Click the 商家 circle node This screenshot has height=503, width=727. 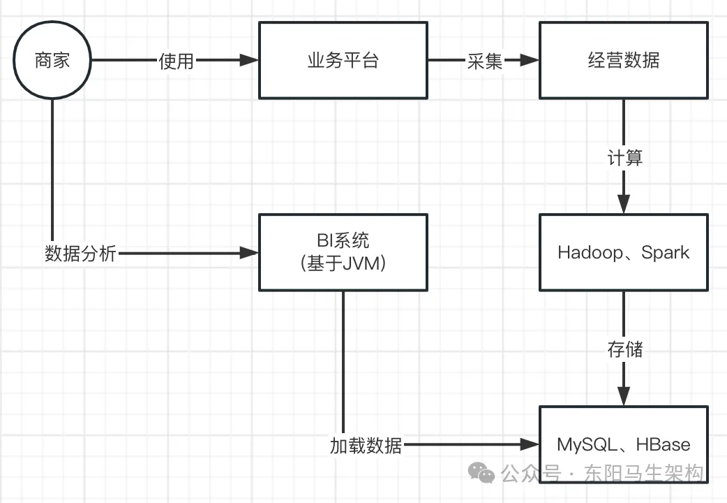pos(52,60)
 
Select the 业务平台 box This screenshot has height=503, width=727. pos(343,60)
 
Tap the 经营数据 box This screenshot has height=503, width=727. pos(623,60)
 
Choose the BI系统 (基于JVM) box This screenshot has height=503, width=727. pos(343,252)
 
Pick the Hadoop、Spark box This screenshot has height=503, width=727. pos(623,252)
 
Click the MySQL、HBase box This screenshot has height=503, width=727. pos(623,444)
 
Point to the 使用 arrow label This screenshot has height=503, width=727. pos(176,61)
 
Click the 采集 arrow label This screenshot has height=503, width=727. pos(485,61)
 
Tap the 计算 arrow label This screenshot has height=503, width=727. pos(624,157)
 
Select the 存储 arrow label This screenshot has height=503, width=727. pos(624,348)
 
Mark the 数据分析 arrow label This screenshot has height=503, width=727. pos(80,253)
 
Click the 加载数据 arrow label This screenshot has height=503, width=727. pos(366,445)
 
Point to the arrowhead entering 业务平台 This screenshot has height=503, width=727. pos(249,61)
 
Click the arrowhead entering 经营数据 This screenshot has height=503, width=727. pos(529,61)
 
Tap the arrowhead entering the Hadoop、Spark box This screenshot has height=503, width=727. pos(624,205)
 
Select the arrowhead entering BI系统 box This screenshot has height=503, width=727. pos(249,252)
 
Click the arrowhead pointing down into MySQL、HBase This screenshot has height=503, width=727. pos(624,396)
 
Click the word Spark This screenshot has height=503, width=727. pos(665,252)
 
